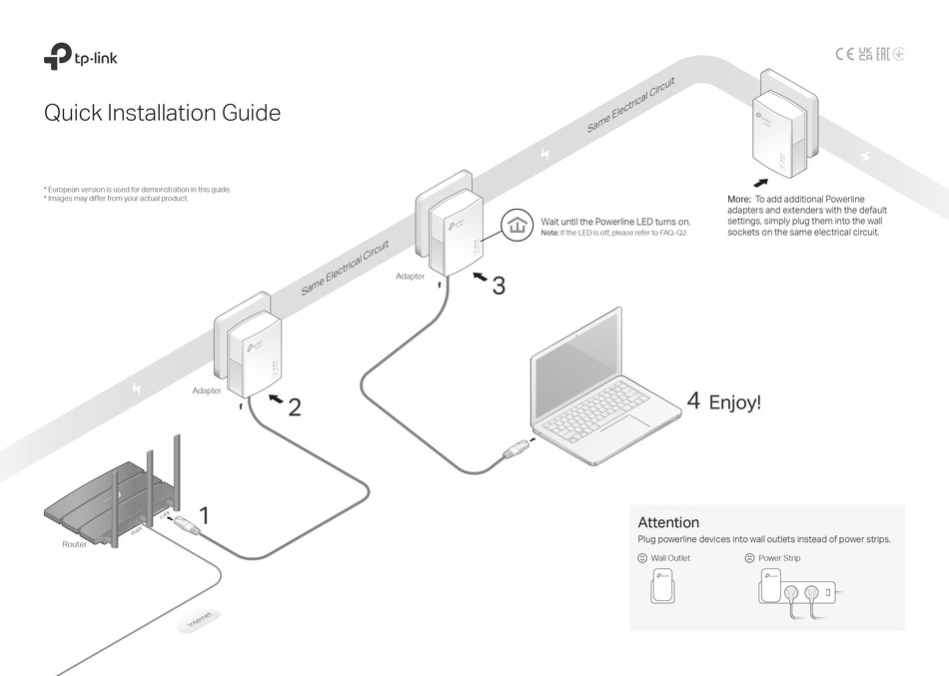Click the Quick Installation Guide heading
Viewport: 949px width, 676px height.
pyautogui.click(x=162, y=113)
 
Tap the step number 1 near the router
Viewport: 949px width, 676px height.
pyautogui.click(x=205, y=516)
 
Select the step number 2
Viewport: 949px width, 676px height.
pyautogui.click(x=294, y=406)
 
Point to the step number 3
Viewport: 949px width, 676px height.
pyautogui.click(x=497, y=286)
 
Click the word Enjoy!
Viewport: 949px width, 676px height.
pyautogui.click(x=734, y=403)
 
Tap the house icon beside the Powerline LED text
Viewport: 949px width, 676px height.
pyautogui.click(x=516, y=226)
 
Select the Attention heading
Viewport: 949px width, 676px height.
pyautogui.click(x=668, y=522)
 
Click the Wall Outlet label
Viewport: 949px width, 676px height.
pyautogui.click(x=670, y=558)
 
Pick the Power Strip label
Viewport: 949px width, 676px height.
pyautogui.click(x=779, y=558)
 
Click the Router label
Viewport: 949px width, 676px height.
pyautogui.click(x=75, y=544)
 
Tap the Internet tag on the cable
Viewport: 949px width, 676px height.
pyautogui.click(x=200, y=622)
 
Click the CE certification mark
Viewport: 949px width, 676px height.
pyautogui.click(x=844, y=54)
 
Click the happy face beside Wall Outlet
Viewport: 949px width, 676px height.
pyautogui.click(x=642, y=558)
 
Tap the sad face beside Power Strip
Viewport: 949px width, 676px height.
pyautogui.click(x=749, y=558)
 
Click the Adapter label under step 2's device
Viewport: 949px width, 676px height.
pyautogui.click(x=207, y=390)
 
